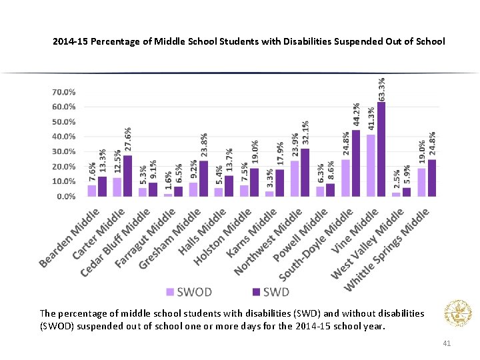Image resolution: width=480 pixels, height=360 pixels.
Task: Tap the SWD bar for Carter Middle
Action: [x=127, y=176]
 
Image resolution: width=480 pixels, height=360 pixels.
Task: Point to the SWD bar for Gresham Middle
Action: [x=203, y=179]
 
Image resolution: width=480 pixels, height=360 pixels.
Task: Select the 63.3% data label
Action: [x=381, y=89]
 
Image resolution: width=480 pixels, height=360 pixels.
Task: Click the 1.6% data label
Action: [x=168, y=182]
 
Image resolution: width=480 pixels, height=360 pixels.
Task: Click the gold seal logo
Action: [x=457, y=313]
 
